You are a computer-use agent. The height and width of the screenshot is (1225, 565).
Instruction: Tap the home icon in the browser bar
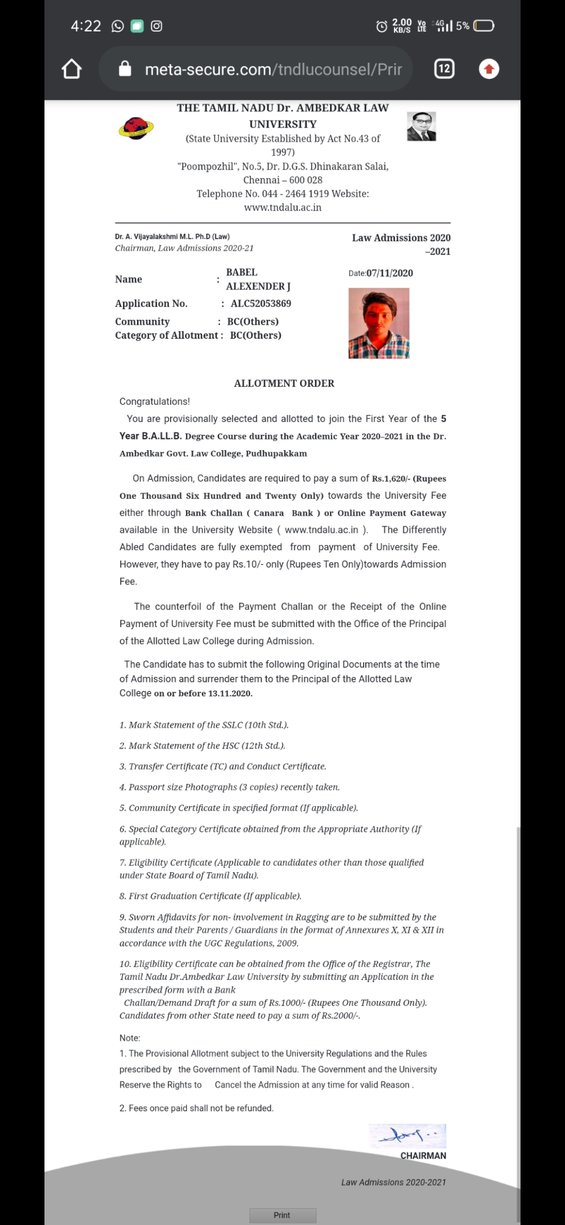[72, 69]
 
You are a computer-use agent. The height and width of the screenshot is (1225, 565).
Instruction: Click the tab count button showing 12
[444, 69]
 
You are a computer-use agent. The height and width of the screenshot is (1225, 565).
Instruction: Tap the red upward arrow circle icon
[489, 69]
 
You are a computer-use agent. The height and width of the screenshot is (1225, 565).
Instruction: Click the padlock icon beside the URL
[125, 69]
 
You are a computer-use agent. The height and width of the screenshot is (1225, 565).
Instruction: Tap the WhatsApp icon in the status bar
[118, 26]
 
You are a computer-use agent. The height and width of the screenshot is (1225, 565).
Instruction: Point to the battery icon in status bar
[483, 26]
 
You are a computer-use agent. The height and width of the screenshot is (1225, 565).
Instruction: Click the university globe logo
[136, 128]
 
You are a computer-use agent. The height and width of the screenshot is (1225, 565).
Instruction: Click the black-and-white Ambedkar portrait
[421, 127]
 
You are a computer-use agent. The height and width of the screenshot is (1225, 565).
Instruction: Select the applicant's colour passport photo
[379, 323]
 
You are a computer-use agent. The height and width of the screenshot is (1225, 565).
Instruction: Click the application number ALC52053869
[261, 304]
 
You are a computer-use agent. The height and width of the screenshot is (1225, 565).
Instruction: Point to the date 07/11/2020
[389, 273]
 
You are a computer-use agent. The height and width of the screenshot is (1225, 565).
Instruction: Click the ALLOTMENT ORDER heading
[284, 383]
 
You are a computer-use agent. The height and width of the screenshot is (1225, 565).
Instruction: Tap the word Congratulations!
[154, 402]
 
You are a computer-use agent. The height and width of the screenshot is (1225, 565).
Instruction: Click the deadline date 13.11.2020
[230, 693]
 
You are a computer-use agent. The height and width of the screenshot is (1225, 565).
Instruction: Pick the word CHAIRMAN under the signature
[423, 1155]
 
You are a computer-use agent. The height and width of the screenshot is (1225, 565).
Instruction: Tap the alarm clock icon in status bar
[382, 26]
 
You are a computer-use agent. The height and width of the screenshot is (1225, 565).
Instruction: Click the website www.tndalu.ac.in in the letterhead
[282, 207]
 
